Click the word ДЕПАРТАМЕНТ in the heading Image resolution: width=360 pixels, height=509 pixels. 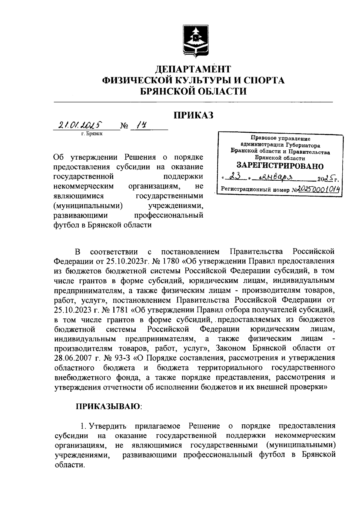pos(193,69)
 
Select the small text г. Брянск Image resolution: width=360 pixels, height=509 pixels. pos(91,134)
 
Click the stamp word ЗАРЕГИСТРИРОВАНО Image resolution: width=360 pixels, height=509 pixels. pos(280,166)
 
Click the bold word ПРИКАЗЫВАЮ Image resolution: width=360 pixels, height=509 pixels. pos(108,407)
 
